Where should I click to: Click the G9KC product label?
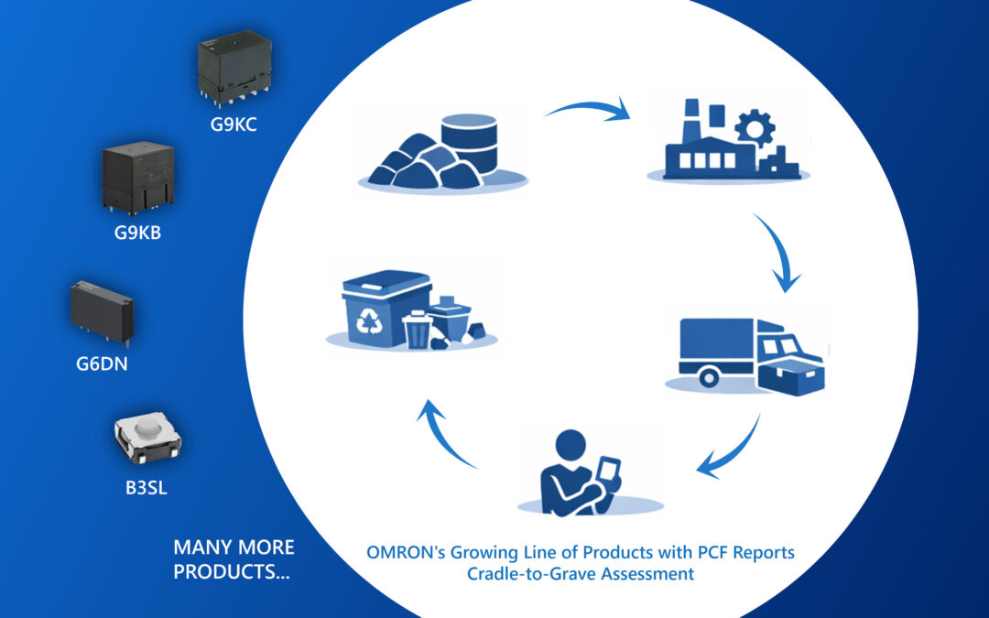click(234, 125)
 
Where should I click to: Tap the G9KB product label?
click(137, 233)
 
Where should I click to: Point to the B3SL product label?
click(147, 487)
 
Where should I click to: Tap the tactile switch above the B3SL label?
click(146, 438)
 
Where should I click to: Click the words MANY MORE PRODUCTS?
click(234, 559)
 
